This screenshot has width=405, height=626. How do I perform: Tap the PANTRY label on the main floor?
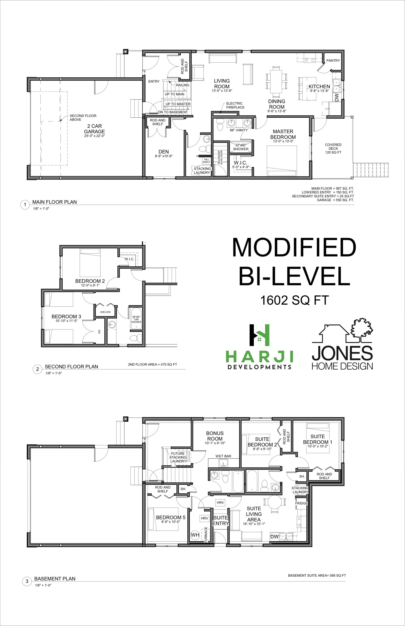[333, 60]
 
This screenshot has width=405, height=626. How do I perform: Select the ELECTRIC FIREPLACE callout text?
[235, 105]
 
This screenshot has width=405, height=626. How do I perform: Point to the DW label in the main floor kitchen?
[337, 98]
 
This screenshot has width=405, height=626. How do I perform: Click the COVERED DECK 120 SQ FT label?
[333, 148]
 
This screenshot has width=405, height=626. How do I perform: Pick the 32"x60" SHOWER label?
[241, 147]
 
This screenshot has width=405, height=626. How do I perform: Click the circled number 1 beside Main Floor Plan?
[25, 204]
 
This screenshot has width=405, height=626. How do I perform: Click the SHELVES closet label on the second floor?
[105, 312]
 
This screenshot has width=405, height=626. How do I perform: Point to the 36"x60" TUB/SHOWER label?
[136, 319]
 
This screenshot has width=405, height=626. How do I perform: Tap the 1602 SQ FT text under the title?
[294, 300]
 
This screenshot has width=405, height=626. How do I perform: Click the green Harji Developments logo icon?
[259, 335]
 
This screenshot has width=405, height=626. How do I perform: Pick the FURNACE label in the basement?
[206, 535]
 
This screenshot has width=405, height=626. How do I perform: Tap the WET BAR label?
[223, 456]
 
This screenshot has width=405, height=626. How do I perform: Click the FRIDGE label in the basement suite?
[301, 503]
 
